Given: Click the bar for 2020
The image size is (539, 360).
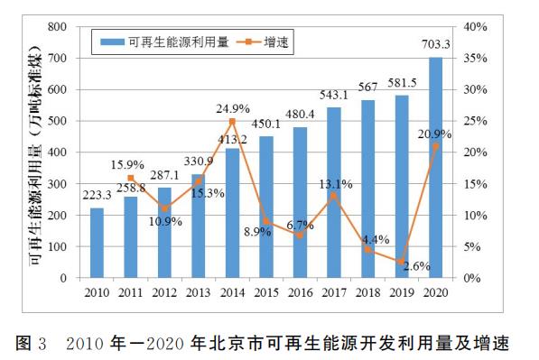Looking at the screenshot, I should [x=435, y=168].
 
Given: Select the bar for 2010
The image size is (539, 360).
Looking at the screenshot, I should [x=97, y=243].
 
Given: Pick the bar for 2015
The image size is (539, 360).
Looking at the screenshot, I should [x=265, y=207].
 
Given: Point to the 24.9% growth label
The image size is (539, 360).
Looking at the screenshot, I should [x=233, y=108].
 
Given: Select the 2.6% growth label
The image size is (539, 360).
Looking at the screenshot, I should [x=416, y=266].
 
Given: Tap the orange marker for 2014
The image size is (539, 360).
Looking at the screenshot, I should [x=232, y=121].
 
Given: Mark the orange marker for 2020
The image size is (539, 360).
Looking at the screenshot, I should [x=435, y=146].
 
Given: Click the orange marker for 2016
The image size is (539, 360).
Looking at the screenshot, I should [x=300, y=235].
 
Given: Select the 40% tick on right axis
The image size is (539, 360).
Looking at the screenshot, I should [x=476, y=27].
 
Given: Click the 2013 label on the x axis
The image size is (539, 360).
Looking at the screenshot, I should [x=198, y=292].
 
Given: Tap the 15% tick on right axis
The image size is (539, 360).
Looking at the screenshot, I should [x=476, y=184].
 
